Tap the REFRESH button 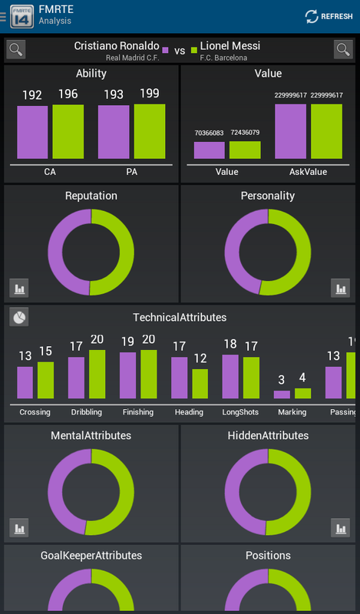point(329,16)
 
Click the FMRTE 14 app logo point(22,16)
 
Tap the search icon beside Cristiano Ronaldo point(16,50)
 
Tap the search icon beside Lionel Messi point(343,50)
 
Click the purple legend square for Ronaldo point(165,50)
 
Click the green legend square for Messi point(194,50)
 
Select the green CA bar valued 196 point(68,131)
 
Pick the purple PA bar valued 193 point(114,132)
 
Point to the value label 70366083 point(210,133)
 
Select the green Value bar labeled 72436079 point(245,150)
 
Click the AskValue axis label point(309,172)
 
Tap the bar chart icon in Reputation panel point(19,289)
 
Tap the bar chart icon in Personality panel point(340,289)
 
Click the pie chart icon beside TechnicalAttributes point(19,317)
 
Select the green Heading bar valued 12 point(200,384)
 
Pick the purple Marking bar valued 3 point(282,394)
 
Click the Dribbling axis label point(87,412)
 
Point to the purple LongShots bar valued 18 point(230,377)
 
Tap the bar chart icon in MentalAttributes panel point(19,528)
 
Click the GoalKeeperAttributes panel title point(91,555)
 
